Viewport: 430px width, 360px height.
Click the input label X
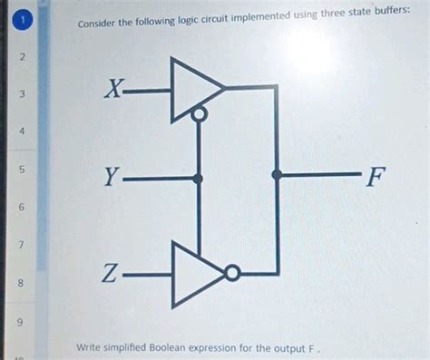click(112, 90)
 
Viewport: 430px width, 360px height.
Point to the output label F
click(374, 177)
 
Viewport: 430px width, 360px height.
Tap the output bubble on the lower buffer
click(233, 272)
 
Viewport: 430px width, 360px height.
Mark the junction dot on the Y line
click(199, 178)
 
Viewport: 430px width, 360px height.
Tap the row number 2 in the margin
click(22, 58)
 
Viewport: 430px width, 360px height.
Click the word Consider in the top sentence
click(99, 24)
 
